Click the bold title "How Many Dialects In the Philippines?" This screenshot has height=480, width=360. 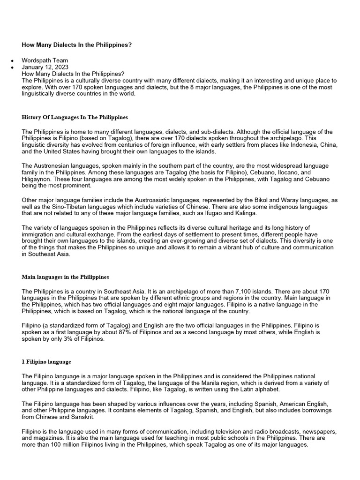(77, 45)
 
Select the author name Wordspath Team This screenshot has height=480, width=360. (45, 60)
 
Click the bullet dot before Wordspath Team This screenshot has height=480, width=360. (12, 61)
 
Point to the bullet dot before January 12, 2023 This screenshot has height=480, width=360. (12, 67)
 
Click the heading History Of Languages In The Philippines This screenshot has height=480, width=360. (75, 117)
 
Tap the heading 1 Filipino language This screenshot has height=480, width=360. (46, 362)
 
